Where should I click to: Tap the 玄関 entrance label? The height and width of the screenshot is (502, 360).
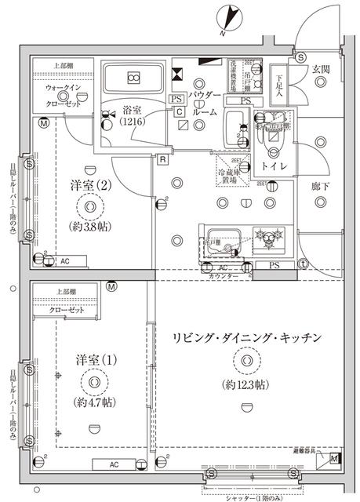click(322, 69)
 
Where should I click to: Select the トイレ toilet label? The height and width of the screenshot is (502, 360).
click(273, 167)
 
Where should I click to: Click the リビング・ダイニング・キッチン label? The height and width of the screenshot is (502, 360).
click(247, 337)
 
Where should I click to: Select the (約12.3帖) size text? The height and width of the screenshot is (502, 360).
click(245, 384)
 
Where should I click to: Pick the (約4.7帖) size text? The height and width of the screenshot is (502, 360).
click(95, 402)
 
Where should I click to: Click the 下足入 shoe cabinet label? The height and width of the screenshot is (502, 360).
click(279, 85)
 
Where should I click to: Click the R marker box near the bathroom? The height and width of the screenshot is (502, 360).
click(162, 160)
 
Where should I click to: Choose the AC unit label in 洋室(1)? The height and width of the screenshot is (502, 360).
click(114, 464)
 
